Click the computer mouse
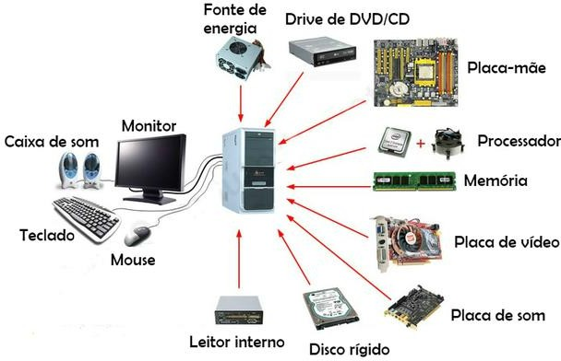coord(137,236)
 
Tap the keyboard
coord(86,218)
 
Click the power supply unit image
coord(243,59)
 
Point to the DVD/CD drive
coord(322,53)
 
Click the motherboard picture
coord(416,73)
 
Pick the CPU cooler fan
coord(448,143)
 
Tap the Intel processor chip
coord(395,142)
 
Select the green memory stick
coord(414,181)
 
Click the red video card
coord(408,243)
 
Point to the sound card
coord(414,307)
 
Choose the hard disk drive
coord(330,309)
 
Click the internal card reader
coord(239,310)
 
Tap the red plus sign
coord(421,143)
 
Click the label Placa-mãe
coord(507,67)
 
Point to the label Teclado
coord(47,235)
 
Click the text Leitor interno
coord(237,342)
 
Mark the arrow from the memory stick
coord(329,186)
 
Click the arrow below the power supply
coord(241,103)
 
